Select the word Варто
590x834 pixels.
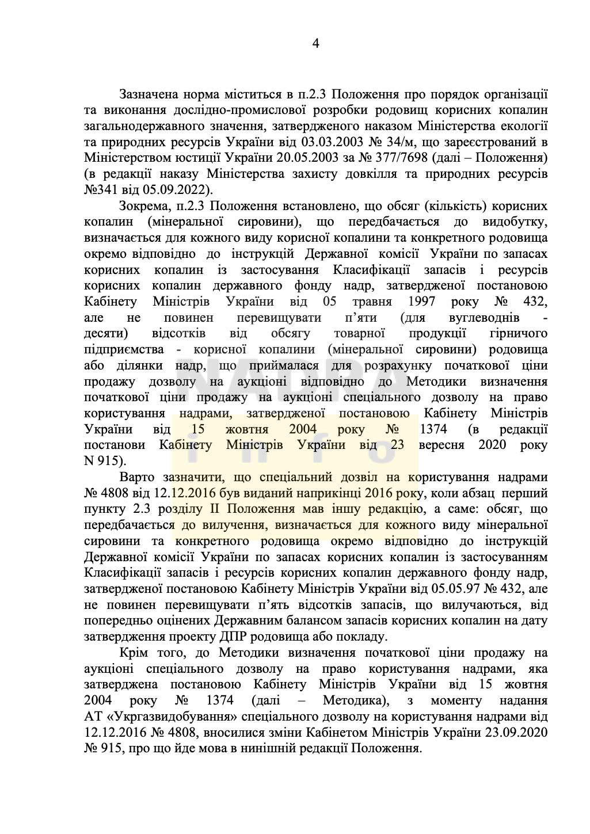click(x=136, y=477)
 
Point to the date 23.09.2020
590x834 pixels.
click(x=516, y=733)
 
